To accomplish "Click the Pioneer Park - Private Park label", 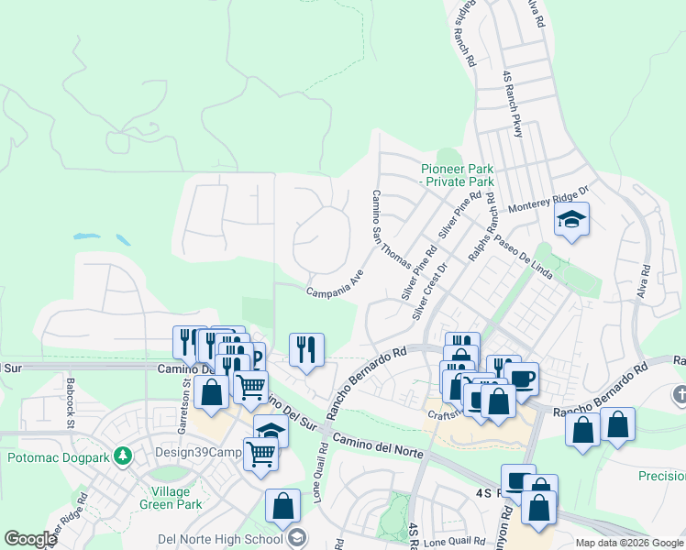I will tap(458, 175).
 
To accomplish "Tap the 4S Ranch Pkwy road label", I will tap(512, 104).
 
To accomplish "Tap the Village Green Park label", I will tap(161, 496).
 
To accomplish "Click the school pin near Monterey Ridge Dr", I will tap(571, 220).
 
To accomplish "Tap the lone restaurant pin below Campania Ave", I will tap(306, 349).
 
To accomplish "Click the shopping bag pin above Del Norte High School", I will tap(282, 506).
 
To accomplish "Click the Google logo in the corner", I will tap(29, 539).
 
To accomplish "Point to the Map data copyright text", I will tap(630, 543).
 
